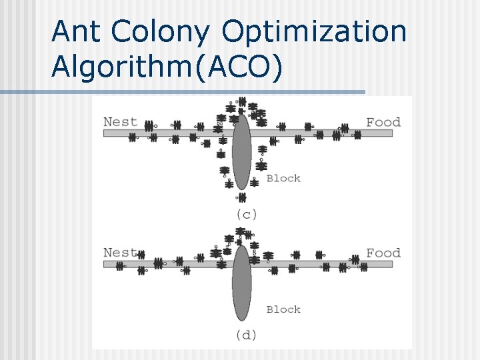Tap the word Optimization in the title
pyautogui.click(x=314, y=31)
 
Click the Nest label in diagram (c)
pyautogui.click(x=120, y=122)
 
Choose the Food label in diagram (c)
pyautogui.click(x=383, y=122)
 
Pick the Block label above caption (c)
pyautogui.click(x=283, y=178)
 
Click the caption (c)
pyautogui.click(x=246, y=214)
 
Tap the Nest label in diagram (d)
pyautogui.click(x=120, y=253)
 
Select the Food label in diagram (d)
pyautogui.click(x=383, y=253)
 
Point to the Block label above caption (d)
pyautogui.click(x=283, y=309)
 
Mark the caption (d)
pyautogui.click(x=246, y=335)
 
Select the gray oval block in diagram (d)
pyautogui.click(x=241, y=283)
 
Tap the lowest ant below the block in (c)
pyautogui.click(x=241, y=197)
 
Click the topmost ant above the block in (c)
pyautogui.click(x=242, y=102)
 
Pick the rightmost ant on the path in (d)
pyautogui.click(x=363, y=267)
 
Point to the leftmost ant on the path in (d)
pyautogui.click(x=120, y=266)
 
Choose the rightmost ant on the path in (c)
pyautogui.click(x=357, y=135)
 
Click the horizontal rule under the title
pyautogui.click(x=183, y=92)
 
